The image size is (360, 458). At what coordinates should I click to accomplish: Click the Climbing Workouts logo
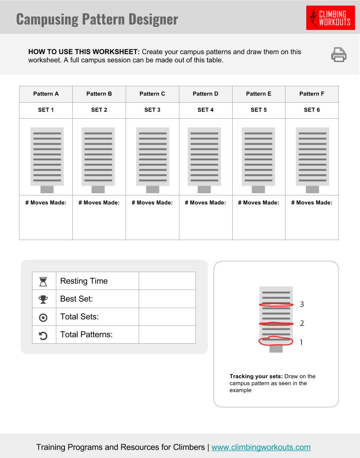330,18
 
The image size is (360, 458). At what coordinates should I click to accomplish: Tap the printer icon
339,55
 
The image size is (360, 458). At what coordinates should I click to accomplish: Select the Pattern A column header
46,94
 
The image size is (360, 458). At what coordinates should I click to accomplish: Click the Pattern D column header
205,94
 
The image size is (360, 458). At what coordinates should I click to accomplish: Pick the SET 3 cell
152,110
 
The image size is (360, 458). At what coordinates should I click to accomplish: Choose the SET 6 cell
312,110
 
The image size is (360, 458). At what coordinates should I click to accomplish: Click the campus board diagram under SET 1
47,159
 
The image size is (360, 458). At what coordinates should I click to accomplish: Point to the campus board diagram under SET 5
258,159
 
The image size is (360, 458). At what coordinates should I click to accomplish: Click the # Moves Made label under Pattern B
99,202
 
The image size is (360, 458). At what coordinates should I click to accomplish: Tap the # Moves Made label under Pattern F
311,202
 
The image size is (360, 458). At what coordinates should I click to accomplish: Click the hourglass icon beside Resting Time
43,281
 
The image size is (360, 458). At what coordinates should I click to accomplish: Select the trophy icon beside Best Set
43,299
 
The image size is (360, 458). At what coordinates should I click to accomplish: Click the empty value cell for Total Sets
167,317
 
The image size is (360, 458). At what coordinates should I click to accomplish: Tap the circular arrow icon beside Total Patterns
43,335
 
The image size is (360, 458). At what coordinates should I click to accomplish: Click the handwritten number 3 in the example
302,304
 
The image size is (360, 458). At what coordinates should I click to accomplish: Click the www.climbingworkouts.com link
261,447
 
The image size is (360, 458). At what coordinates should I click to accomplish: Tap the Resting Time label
84,281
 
